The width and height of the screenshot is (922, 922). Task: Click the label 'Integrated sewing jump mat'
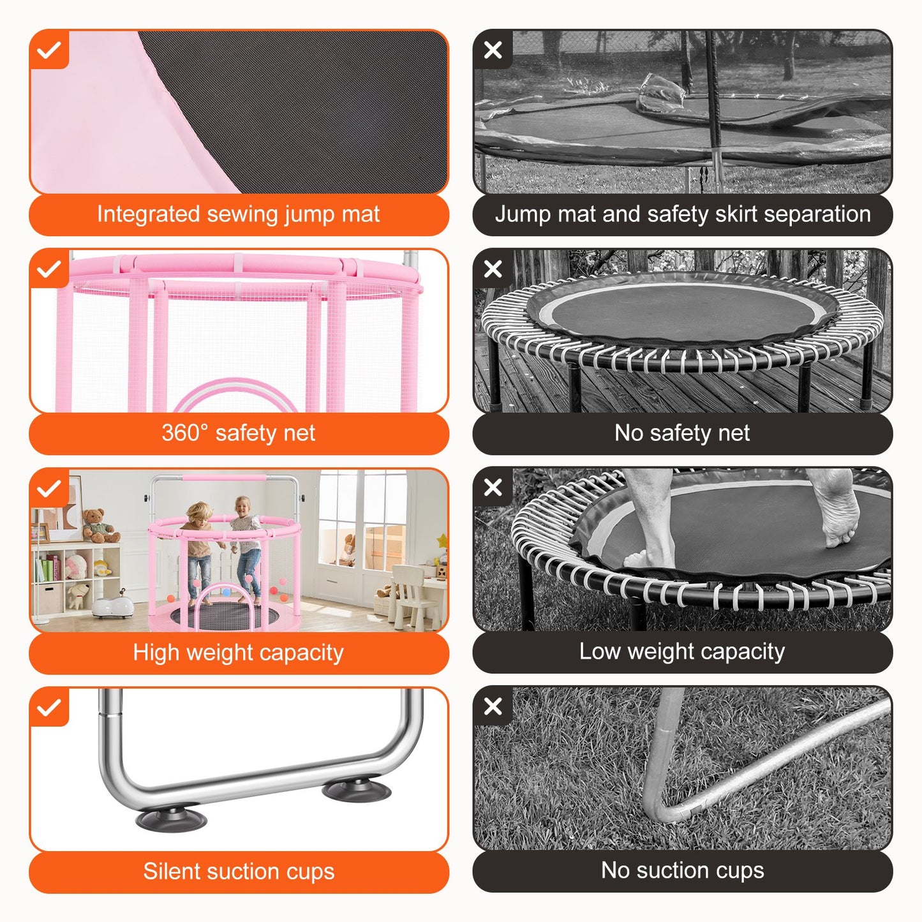pos(238,214)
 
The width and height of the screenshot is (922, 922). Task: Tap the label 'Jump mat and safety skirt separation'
pos(682,214)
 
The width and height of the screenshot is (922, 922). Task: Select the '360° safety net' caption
pos(238,433)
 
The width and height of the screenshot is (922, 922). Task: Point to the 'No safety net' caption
pos(682,433)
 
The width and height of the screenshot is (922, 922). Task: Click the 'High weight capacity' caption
pos(238,652)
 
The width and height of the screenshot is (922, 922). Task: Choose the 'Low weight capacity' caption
pos(682,651)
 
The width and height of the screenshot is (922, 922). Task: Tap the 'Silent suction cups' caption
pos(238,871)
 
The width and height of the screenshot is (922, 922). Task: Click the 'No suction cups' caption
pos(682,870)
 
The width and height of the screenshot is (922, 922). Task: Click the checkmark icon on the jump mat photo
pos(49,50)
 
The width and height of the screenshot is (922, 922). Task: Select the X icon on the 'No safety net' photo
pos(493,269)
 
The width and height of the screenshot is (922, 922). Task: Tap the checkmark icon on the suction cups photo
pos(49,708)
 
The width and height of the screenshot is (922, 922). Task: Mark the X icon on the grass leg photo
pos(493,707)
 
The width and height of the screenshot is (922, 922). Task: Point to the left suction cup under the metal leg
pos(171,819)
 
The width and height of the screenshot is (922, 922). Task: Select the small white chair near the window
pos(408,593)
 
